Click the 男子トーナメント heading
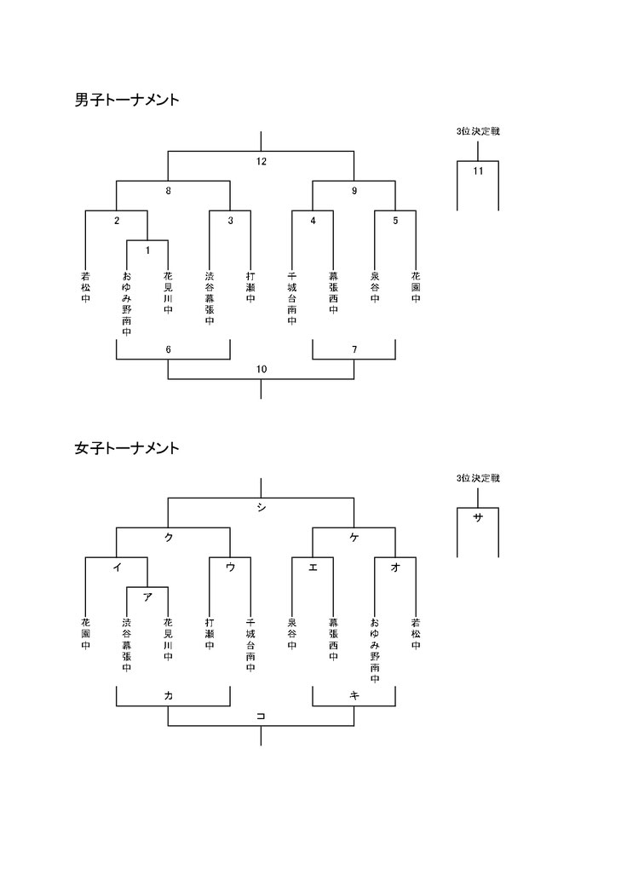(127, 101)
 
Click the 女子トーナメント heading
(127, 448)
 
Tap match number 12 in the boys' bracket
(261, 162)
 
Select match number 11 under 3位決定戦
(478, 170)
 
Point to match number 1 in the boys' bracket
(147, 250)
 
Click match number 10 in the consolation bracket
(261, 370)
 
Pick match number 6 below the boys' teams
(168, 349)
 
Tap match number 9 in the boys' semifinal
(354, 191)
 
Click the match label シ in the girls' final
(261, 508)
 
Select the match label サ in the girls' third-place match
(478, 517)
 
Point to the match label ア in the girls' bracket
(147, 596)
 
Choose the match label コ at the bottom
(261, 717)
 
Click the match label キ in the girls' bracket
(354, 696)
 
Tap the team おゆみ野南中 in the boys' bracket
(127, 304)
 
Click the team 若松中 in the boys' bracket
(85, 287)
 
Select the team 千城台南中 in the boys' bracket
(291, 298)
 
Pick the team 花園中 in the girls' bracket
(85, 634)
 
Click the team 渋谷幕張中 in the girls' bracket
(127, 645)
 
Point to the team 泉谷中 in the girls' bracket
(291, 634)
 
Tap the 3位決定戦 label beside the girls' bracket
(478, 479)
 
